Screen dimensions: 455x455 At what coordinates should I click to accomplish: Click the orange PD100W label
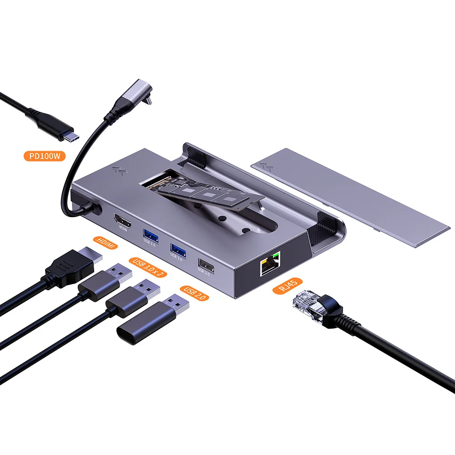[45, 157]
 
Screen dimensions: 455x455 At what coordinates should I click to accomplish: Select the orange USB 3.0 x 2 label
[148, 267]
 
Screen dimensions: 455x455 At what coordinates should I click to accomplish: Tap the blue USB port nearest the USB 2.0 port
[177, 248]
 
